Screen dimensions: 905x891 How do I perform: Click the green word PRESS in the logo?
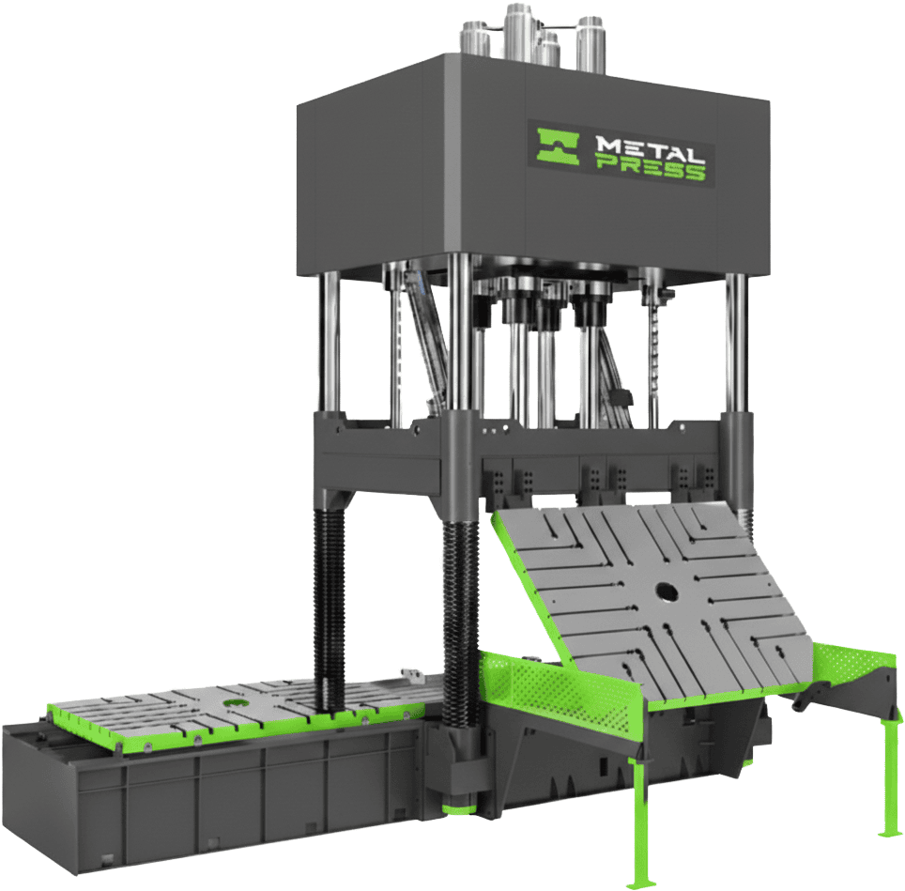(x=651, y=170)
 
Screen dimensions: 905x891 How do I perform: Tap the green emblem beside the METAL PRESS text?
(x=559, y=146)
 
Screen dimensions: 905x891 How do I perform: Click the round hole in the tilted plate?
(x=667, y=591)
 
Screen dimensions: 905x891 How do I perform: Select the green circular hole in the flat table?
(x=236, y=701)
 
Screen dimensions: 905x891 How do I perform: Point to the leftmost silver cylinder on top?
(x=474, y=38)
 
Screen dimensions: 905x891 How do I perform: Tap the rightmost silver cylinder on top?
(x=590, y=44)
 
